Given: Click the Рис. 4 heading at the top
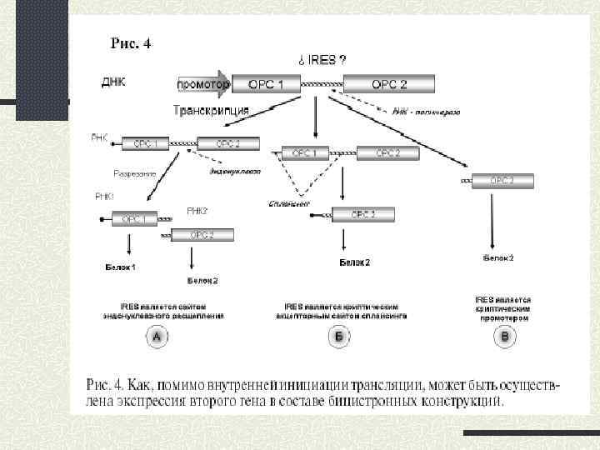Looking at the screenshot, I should pyautogui.click(x=131, y=43).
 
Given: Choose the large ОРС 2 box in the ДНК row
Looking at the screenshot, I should pyautogui.click(x=389, y=84).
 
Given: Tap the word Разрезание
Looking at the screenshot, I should pyautogui.click(x=135, y=173).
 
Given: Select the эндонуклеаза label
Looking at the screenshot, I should pyautogui.click(x=236, y=172).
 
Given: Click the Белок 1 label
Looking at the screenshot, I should pyautogui.click(x=120, y=267).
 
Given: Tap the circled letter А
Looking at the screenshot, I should pyautogui.click(x=157, y=337).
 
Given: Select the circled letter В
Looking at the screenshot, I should pyautogui.click(x=503, y=337).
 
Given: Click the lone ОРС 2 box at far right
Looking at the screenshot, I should pyautogui.click(x=502, y=180).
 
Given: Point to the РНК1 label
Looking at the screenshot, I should pyautogui.click(x=105, y=197).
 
